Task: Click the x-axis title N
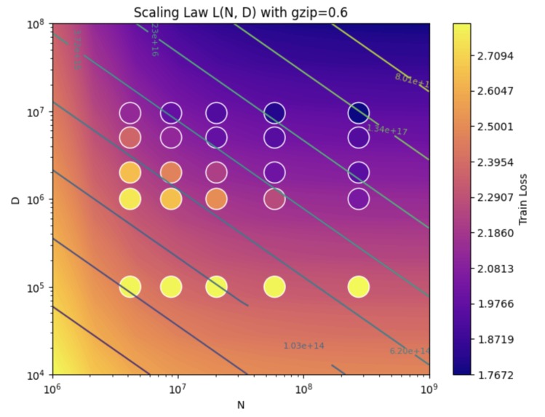click(240, 404)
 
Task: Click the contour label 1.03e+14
click(303, 346)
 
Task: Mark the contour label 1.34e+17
click(387, 130)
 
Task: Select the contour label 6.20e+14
click(410, 352)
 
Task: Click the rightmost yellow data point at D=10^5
click(359, 287)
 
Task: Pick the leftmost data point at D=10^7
click(130, 113)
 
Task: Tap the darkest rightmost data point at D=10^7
click(359, 113)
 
